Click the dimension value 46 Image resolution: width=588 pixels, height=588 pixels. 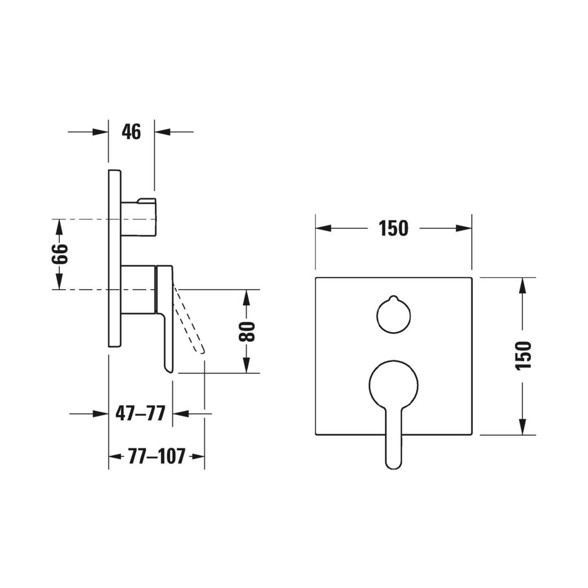tap(131, 132)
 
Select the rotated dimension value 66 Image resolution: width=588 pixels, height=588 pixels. tap(59, 254)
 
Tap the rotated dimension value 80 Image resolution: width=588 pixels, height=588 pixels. tap(246, 331)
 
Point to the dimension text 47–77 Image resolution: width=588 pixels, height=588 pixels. tap(140, 414)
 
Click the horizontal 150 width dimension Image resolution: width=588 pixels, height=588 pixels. tap(393, 228)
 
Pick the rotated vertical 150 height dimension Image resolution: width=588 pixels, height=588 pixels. tap(523, 356)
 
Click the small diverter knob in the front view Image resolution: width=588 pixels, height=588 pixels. tap(393, 315)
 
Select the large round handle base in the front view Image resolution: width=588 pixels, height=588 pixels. tap(393, 385)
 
